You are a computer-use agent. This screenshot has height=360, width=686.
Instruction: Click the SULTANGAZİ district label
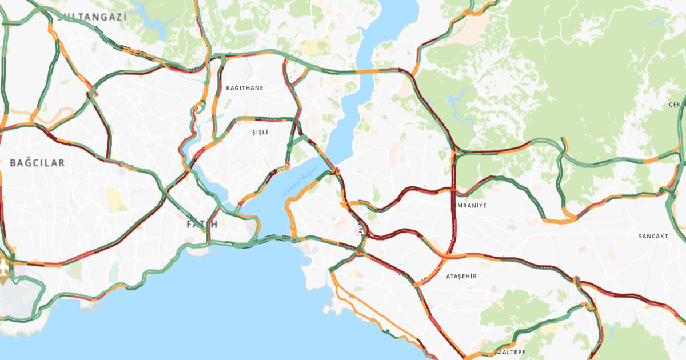pyautogui.click(x=91, y=17)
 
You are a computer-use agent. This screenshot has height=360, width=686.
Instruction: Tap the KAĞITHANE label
pyautogui.click(x=245, y=88)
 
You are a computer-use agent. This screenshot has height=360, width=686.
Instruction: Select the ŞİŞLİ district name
pyautogui.click(x=260, y=132)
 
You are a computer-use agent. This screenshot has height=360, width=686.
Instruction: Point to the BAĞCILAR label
pyautogui.click(x=37, y=163)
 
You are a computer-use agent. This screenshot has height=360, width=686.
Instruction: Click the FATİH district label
pyautogui.click(x=202, y=224)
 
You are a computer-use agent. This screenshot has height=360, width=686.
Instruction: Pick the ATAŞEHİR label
pyautogui.click(x=461, y=277)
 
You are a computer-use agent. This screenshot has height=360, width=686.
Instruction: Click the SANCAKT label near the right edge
pyautogui.click(x=653, y=236)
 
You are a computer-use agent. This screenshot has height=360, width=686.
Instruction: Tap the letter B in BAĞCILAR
pyautogui.click(x=13, y=163)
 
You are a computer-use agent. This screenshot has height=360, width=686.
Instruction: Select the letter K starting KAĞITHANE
pyautogui.click(x=228, y=88)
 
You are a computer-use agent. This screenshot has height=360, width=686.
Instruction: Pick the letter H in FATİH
pyautogui.click(x=214, y=224)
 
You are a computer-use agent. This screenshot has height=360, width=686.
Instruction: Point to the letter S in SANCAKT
pyautogui.click(x=641, y=236)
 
